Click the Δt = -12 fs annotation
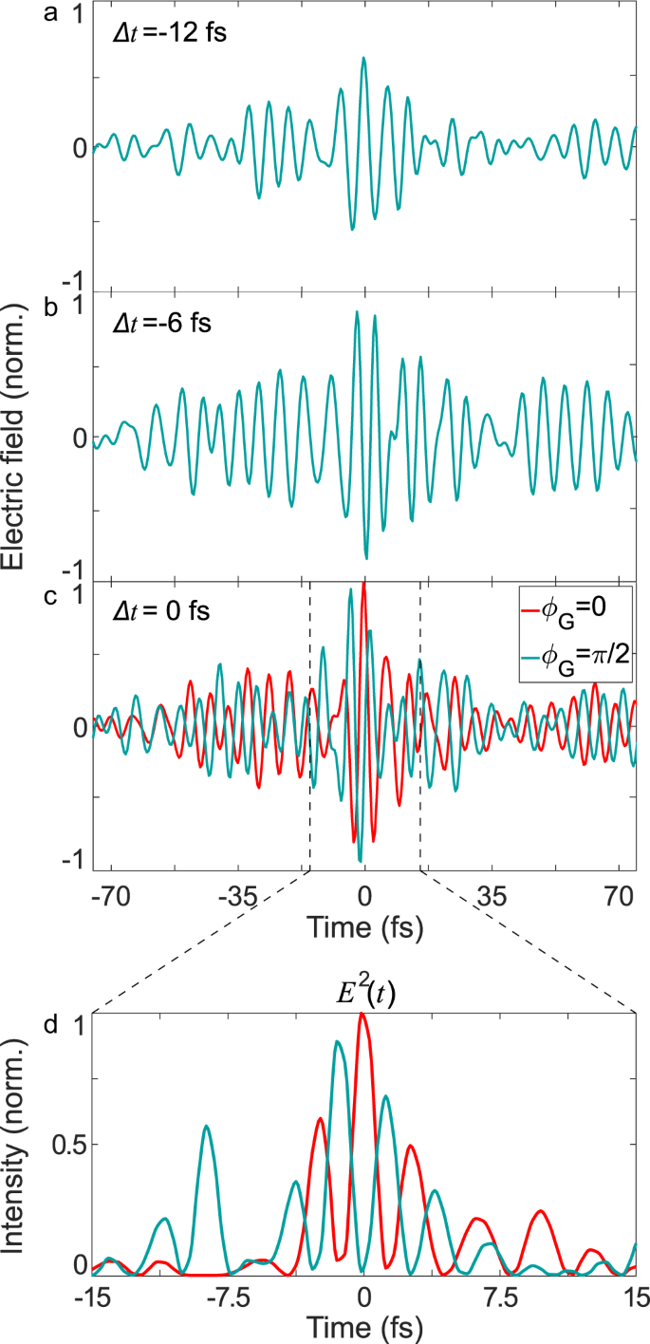click(165, 34)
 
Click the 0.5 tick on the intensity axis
click(69, 1144)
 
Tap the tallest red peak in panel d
click(362, 1014)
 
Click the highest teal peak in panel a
click(363, 58)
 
